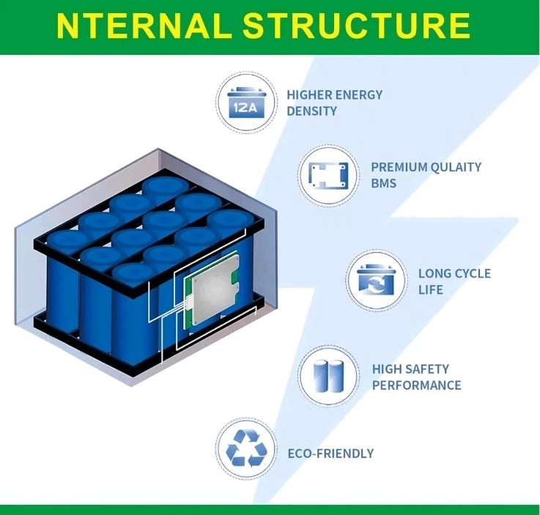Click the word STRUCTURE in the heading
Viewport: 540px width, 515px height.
(356, 26)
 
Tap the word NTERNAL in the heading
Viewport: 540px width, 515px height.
(144, 26)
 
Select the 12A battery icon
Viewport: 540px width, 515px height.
(247, 103)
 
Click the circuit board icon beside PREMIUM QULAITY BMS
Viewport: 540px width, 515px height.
(328, 175)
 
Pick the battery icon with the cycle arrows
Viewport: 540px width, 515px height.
(376, 281)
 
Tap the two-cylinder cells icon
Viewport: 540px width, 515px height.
(329, 377)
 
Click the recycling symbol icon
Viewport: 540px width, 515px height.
(247, 448)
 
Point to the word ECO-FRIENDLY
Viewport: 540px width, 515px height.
(330, 453)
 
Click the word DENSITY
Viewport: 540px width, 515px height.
(311, 111)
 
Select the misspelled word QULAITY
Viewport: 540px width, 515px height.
(456, 167)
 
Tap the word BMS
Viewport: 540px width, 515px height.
(384, 183)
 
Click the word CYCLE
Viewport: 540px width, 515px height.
(471, 273)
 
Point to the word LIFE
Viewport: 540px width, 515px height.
(431, 289)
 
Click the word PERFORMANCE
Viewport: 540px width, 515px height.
(417, 385)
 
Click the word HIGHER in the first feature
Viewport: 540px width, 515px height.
(310, 95)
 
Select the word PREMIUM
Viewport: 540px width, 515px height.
(399, 167)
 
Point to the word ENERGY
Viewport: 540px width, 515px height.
(359, 95)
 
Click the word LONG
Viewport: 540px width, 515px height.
(433, 273)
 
